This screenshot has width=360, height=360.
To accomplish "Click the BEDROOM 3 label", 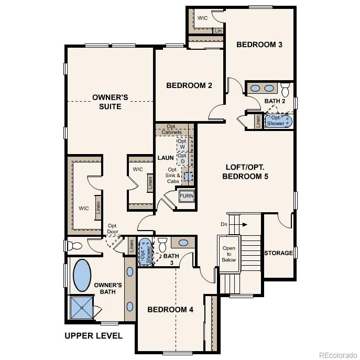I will coord(259,45).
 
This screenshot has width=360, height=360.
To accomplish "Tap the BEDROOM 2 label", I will coord(189,85).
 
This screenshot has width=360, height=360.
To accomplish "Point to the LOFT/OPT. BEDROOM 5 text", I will coord(245,172).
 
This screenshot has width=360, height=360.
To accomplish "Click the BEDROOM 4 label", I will coord(170,310).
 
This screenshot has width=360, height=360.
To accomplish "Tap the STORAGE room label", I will coord(278,253).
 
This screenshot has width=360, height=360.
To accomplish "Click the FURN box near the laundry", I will coord(187,197).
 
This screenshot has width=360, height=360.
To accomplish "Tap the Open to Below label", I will coord(229,254).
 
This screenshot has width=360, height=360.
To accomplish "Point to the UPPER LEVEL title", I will coord(93,336).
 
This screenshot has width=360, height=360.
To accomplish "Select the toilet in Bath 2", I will coord(286,88).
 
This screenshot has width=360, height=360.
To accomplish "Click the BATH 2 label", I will coord(275,101).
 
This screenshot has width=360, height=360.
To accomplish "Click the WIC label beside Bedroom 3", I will coord(203,18).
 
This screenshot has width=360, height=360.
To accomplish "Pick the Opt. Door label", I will coord(113,230).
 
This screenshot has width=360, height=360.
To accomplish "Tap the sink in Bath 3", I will coord(182,243).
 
